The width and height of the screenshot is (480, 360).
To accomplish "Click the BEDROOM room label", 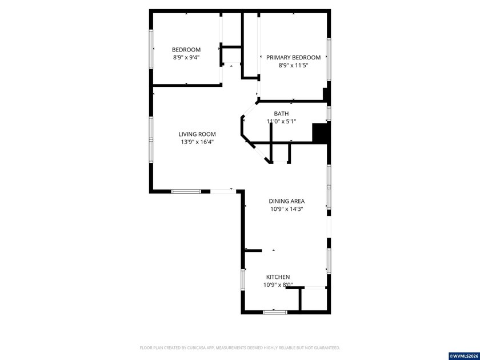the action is pyautogui.click(x=186, y=50).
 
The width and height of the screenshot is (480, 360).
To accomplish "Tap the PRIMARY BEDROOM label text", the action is pyautogui.click(x=293, y=58).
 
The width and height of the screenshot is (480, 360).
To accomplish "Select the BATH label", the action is pyautogui.click(x=281, y=114).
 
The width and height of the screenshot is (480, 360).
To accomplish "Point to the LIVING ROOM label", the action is pyautogui.click(x=197, y=134).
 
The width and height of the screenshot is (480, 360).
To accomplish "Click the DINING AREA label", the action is pyautogui.click(x=286, y=201).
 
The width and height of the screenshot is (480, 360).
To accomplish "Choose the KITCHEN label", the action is pyautogui.click(x=278, y=277).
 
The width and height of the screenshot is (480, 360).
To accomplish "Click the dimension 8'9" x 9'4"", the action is pyautogui.click(x=186, y=58).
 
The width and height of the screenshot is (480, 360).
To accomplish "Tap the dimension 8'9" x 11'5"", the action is pyautogui.click(x=293, y=65).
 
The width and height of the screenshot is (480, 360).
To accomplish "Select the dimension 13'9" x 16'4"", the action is pyautogui.click(x=197, y=142).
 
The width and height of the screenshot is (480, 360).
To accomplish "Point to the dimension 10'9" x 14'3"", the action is pyautogui.click(x=286, y=209).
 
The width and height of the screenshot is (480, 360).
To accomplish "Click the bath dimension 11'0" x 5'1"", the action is pyautogui.click(x=281, y=121).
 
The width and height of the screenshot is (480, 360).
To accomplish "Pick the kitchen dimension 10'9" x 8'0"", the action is pyautogui.click(x=278, y=285).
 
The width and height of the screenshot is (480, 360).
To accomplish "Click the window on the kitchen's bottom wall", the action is pyautogui.click(x=275, y=312).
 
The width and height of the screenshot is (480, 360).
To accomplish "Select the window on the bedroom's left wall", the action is pyautogui.click(x=151, y=49).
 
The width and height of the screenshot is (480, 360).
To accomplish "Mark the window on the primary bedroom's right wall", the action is pyautogui.click(x=329, y=59).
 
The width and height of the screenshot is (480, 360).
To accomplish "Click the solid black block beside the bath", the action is pyautogui.click(x=320, y=133).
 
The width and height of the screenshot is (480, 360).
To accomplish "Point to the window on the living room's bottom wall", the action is pyautogui.click(x=186, y=191).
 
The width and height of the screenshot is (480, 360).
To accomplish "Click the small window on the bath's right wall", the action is pyautogui.click(x=329, y=114).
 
